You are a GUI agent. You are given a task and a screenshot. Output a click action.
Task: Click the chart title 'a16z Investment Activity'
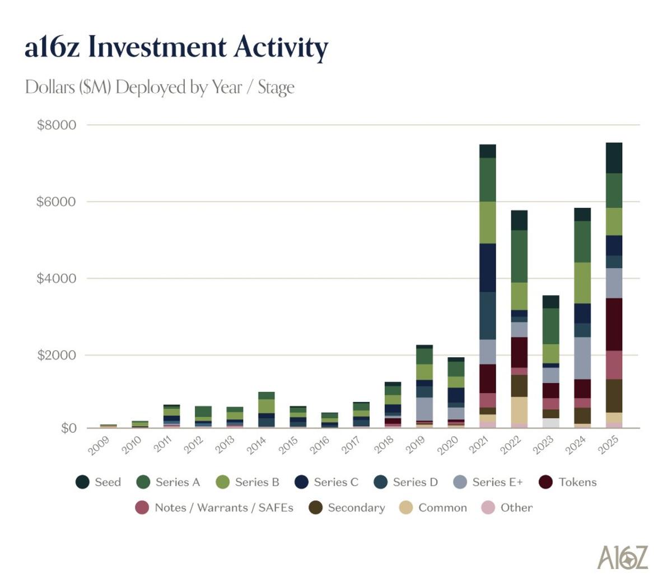tap(176, 47)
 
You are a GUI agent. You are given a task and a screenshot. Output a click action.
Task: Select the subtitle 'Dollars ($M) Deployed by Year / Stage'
tap(160, 87)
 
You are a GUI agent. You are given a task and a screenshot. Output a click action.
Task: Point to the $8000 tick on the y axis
tap(56, 125)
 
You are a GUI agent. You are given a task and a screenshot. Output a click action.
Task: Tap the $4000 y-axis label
tap(56, 278)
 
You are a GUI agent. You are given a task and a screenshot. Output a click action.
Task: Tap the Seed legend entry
tap(99, 482)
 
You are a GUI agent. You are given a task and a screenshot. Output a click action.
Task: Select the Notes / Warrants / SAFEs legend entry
tap(214, 508)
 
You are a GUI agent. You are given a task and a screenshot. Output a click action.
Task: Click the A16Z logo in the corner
tap(622, 557)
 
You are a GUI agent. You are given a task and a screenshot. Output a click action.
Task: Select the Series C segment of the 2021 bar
tap(487, 267)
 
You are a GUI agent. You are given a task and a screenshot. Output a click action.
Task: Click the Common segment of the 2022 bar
tap(519, 410)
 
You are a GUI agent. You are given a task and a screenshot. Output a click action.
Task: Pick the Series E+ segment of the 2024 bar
tap(582, 358)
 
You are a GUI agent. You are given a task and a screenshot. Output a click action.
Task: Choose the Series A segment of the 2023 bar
tap(551, 326)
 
